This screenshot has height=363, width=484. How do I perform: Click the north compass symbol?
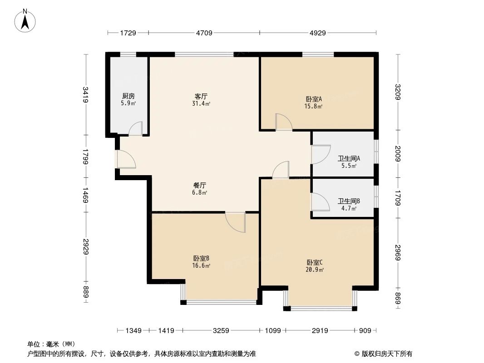click(26, 20)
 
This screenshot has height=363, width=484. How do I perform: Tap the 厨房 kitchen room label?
click(128, 99)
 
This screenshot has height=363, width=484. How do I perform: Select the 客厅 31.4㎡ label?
click(201, 100)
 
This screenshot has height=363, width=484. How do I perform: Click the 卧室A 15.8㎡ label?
click(313, 103)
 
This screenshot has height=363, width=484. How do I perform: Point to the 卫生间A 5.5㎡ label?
click(348, 162)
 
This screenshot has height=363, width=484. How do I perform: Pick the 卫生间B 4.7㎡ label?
click(349, 205)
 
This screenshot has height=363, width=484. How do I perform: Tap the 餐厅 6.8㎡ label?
click(200, 189)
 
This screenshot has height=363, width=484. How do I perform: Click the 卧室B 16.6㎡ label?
click(201, 262)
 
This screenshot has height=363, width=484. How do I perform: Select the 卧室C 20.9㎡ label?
click(315, 265)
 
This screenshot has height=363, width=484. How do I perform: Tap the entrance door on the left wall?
click(124, 159)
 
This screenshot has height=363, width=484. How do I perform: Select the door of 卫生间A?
click(321, 154)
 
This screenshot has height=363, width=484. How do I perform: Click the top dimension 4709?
click(204, 33)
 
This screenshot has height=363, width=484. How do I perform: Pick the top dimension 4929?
click(317, 33)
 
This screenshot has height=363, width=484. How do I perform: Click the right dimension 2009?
click(398, 154)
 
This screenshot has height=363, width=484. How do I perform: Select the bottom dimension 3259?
click(221, 331)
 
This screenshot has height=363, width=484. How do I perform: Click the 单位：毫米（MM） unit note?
click(51, 344)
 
